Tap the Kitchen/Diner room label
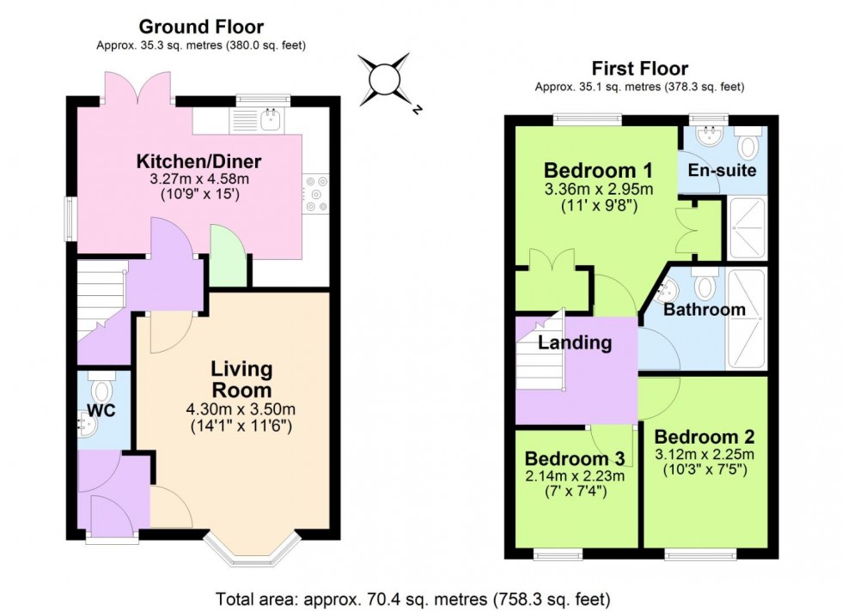tap(198, 161)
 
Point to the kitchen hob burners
tap(314, 193)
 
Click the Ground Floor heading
tap(200, 27)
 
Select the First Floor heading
tap(639, 69)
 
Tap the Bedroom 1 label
tap(588, 169)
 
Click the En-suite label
tap(722, 170)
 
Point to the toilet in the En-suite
tap(748, 143)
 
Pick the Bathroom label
tap(704, 310)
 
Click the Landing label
tap(575, 343)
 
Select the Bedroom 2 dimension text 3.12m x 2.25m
tap(704, 454)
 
